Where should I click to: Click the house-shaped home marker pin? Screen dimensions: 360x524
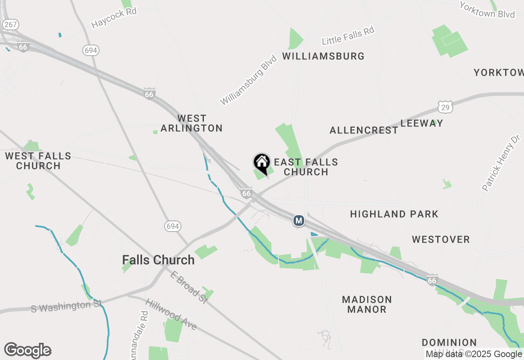pos(262,163)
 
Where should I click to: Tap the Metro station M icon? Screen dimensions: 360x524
pos(299,221)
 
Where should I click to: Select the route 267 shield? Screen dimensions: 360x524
pos(11,25)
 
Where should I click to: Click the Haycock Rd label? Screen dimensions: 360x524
pos(114,18)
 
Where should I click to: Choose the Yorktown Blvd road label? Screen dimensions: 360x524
pos(487,10)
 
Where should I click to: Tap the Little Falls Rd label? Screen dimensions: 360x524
pos(348,35)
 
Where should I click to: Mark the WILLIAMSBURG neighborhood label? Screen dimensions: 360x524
pos(323,56)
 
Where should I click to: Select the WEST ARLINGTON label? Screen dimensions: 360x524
pos(192,123)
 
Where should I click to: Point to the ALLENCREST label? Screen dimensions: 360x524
pos(364,130)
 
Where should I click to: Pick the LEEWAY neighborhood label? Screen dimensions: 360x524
pos(422,123)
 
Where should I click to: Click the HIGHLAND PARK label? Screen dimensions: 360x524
pos(394,214)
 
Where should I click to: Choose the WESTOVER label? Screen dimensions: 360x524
pos(440,239)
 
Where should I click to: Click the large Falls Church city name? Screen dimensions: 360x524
pos(158,260)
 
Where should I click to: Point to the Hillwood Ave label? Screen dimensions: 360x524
pos(171,314)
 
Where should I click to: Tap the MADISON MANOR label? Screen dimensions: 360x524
pos(367,304)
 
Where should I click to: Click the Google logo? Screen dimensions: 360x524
pos(28,350)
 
